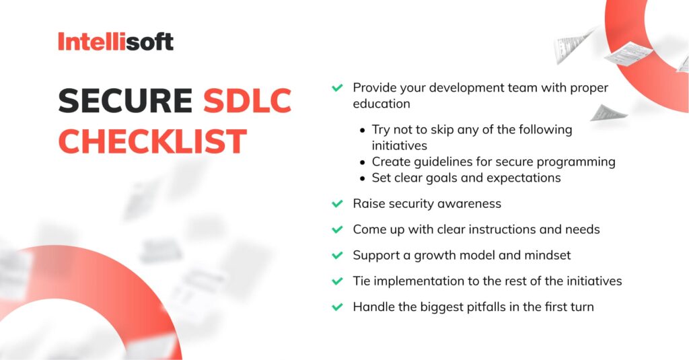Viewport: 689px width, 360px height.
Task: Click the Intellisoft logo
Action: click(x=115, y=42)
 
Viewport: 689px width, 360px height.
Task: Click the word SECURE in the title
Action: click(x=124, y=102)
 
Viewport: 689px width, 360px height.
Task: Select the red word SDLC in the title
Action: click(x=247, y=102)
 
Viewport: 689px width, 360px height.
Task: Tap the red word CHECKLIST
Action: click(x=152, y=141)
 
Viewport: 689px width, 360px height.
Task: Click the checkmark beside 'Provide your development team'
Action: click(x=337, y=88)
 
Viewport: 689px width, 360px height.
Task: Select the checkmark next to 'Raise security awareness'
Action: click(x=337, y=203)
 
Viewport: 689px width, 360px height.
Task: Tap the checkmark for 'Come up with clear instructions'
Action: click(x=337, y=229)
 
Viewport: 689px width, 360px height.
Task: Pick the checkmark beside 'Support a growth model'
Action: click(x=337, y=256)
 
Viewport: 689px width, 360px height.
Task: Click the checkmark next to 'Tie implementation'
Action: click(x=337, y=281)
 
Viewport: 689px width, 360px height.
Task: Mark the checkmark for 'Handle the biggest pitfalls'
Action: click(x=337, y=308)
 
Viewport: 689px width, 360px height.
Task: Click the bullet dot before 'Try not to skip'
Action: click(x=363, y=130)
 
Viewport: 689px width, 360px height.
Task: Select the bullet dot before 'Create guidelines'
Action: click(x=363, y=162)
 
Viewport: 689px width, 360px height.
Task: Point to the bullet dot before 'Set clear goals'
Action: click(x=363, y=178)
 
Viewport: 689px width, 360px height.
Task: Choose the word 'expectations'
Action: click(x=526, y=178)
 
